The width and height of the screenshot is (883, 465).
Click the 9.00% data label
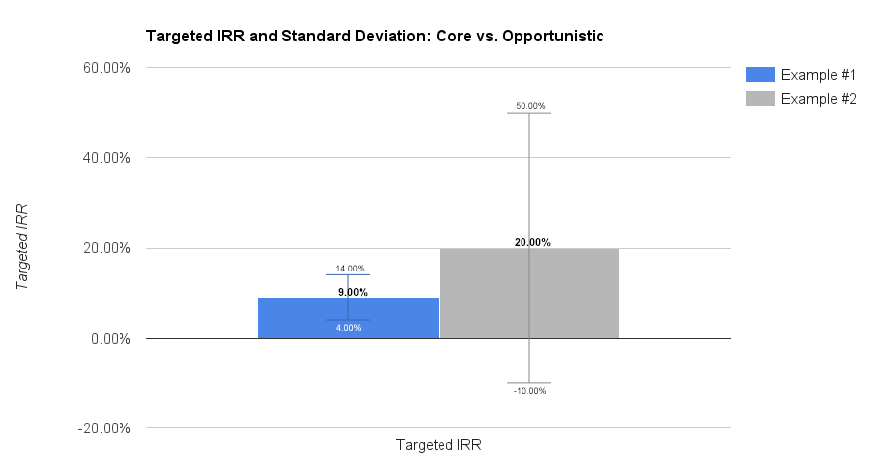pos(353,293)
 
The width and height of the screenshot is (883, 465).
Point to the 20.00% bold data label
pos(532,243)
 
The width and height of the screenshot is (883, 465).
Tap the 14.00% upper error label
pos(351,269)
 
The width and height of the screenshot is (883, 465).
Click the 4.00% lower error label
pos(348,328)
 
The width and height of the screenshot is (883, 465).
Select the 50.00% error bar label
pos(530,106)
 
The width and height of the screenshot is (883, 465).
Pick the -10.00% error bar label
pos(530,391)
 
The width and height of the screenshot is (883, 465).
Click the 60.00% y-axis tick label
pos(107,68)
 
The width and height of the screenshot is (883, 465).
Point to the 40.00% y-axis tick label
pos(107,158)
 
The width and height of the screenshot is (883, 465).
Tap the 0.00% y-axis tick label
pos(111,339)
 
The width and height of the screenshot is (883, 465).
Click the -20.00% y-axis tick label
pos(104,428)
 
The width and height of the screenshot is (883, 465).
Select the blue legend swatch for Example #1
pos(761,75)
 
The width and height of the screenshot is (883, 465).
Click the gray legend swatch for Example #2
pos(761,99)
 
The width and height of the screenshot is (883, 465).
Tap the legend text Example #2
pos(819,99)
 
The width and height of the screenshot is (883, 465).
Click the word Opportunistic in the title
pos(553,36)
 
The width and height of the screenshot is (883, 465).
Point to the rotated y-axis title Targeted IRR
pos(22,248)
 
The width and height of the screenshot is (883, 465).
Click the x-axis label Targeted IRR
pos(439,445)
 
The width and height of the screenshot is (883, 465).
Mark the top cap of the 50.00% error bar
pos(528,113)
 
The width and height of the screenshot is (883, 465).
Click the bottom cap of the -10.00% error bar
pos(528,383)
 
